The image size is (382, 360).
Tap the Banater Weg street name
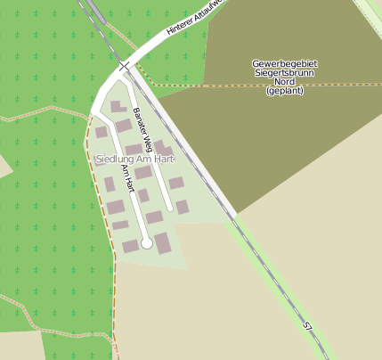pyautogui.click(x=143, y=129)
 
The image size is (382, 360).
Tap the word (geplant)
pyautogui.click(x=285, y=91)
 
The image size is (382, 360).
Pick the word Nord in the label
pyautogui.click(x=285, y=82)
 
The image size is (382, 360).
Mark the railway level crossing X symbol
pyautogui.click(x=124, y=66)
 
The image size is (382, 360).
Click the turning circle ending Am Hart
pyautogui.click(x=147, y=243)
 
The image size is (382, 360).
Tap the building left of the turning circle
pyautogui.click(x=131, y=245)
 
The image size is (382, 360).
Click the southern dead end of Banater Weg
pyautogui.click(x=170, y=209)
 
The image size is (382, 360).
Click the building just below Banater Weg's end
pyautogui.click(x=182, y=207)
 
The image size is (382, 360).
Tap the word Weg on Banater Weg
pyautogui.click(x=148, y=142)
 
